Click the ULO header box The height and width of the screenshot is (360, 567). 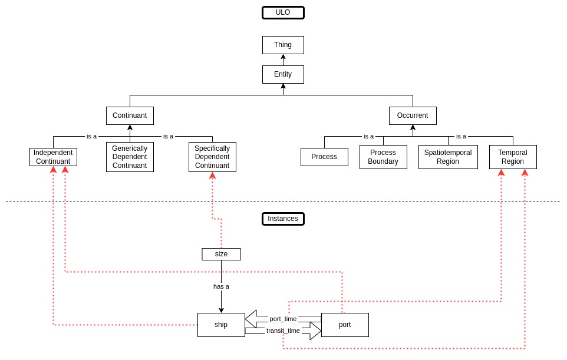[x=283, y=12]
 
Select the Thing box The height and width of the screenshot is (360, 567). [x=283, y=45]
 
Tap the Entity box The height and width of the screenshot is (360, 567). [x=283, y=74]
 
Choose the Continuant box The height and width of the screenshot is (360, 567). [x=130, y=115]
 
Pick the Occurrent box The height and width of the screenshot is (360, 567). [x=413, y=115]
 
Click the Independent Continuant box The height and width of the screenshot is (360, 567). [x=53, y=157]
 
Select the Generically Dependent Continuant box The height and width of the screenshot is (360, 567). [x=130, y=157]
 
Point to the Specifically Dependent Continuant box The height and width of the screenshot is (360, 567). [x=212, y=157]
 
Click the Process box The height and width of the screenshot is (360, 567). [x=324, y=157]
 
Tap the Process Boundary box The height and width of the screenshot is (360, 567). [x=383, y=157]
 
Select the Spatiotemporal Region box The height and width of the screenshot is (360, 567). [x=448, y=157]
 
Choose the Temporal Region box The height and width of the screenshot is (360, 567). [x=513, y=157]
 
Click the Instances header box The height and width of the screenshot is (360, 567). [x=283, y=219]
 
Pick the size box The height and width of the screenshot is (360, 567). [x=221, y=254]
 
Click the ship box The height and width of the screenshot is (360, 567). [x=221, y=325]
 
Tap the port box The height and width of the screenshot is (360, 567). [x=345, y=325]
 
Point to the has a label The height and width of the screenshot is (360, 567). [x=221, y=286]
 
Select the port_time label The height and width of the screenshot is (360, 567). [x=283, y=319]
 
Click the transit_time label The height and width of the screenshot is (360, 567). [x=283, y=331]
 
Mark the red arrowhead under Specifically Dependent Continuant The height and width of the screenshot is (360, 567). [x=212, y=176]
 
